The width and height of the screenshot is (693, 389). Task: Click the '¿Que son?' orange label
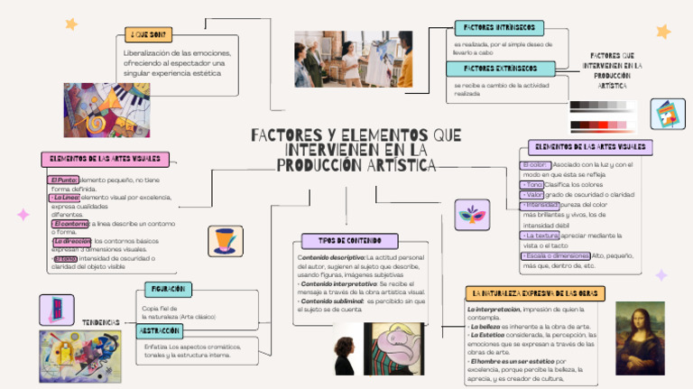point(149,35)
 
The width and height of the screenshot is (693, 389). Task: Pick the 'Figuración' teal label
point(168,290)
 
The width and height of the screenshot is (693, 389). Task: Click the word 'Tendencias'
point(102,322)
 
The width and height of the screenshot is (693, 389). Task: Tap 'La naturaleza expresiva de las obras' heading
point(535,293)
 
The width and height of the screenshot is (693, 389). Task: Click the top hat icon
point(225,241)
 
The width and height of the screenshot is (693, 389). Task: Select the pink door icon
point(56,309)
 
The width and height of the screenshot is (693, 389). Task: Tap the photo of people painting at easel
point(353,58)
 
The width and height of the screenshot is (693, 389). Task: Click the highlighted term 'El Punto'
point(63,181)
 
